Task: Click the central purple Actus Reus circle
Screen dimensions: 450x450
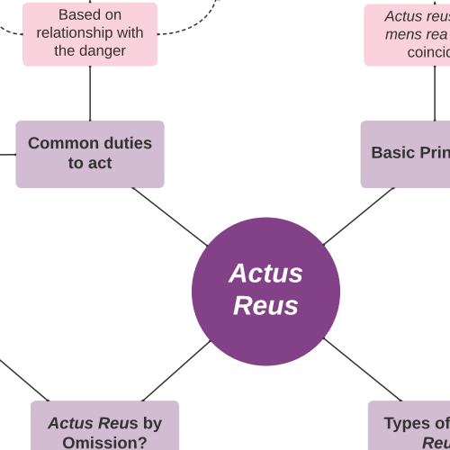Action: (265, 291)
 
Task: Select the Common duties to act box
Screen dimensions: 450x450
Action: (90, 154)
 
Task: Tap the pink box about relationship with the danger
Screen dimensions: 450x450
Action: (90, 33)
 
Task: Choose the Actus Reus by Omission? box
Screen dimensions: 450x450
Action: (104, 427)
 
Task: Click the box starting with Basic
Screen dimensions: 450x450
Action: (407, 154)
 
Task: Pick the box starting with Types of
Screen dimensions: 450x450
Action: (410, 427)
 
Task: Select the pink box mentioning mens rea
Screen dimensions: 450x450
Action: (409, 35)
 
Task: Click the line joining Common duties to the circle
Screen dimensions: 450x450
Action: (169, 216)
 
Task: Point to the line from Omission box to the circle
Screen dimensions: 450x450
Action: (175, 370)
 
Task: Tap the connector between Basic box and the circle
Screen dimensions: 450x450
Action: (358, 216)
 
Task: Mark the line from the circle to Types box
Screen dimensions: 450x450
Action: (362, 369)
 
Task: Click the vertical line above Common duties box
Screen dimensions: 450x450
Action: (90, 93)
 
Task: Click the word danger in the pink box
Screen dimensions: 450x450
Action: (104, 50)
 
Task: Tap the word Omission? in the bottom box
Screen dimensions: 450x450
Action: (104, 442)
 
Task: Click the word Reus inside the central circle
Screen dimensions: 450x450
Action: (265, 306)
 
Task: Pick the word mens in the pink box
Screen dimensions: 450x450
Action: (402, 34)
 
